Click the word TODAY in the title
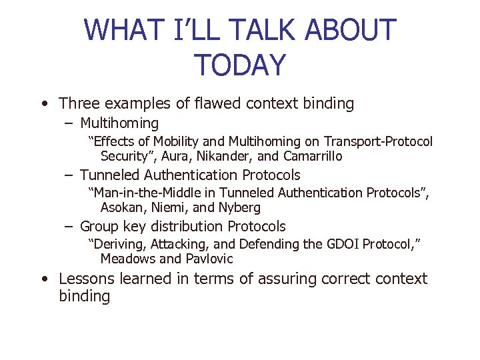click(240, 65)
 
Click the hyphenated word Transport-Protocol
click(378, 141)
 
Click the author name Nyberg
click(238, 208)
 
